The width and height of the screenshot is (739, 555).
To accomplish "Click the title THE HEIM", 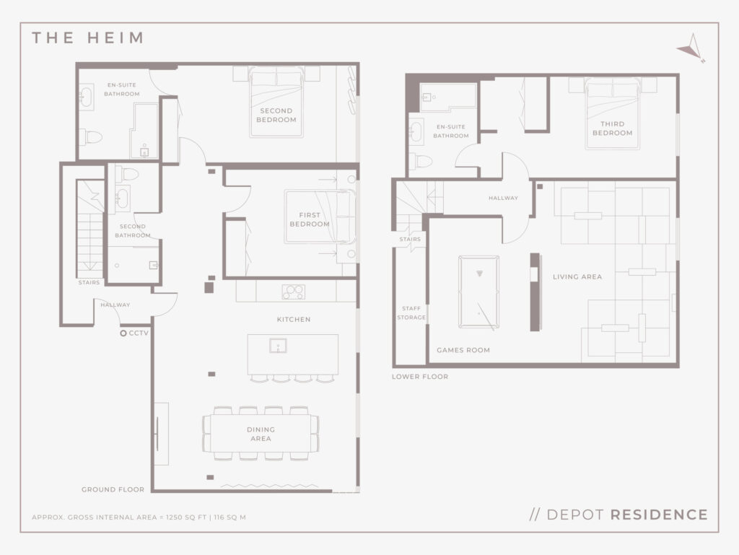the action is pos(87,38).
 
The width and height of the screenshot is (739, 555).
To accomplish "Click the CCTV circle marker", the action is pos(123,333).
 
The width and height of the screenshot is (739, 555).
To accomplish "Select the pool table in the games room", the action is pos(479,292).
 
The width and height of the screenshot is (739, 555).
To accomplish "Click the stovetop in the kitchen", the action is pos(293,292).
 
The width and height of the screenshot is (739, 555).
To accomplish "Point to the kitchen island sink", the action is pos(278,346).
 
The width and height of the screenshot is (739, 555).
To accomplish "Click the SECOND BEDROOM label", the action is pos(276,115).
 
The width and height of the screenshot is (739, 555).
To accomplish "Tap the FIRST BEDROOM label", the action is pos(310,219).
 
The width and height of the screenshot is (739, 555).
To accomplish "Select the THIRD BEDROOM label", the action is pos(612,128).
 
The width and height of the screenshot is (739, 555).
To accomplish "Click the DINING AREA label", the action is pos(261,434).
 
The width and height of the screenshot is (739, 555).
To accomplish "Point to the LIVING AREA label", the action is pos(577,276).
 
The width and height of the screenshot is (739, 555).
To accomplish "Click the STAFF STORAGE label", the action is pos(411,313).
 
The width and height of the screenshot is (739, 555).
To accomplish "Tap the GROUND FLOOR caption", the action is pos(113,489).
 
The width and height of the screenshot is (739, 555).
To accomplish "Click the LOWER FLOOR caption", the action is pos(420,377).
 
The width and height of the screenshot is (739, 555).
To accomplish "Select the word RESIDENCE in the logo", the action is pos(659,515).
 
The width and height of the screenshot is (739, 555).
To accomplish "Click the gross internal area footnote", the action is pos(139,517).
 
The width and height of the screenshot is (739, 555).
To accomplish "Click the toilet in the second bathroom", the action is pos(127,173).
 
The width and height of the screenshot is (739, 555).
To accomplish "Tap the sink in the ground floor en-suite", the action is pos(87,97).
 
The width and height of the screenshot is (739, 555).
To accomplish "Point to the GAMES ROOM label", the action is pos(463,350).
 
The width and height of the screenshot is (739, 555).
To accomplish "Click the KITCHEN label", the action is pos(294,320).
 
